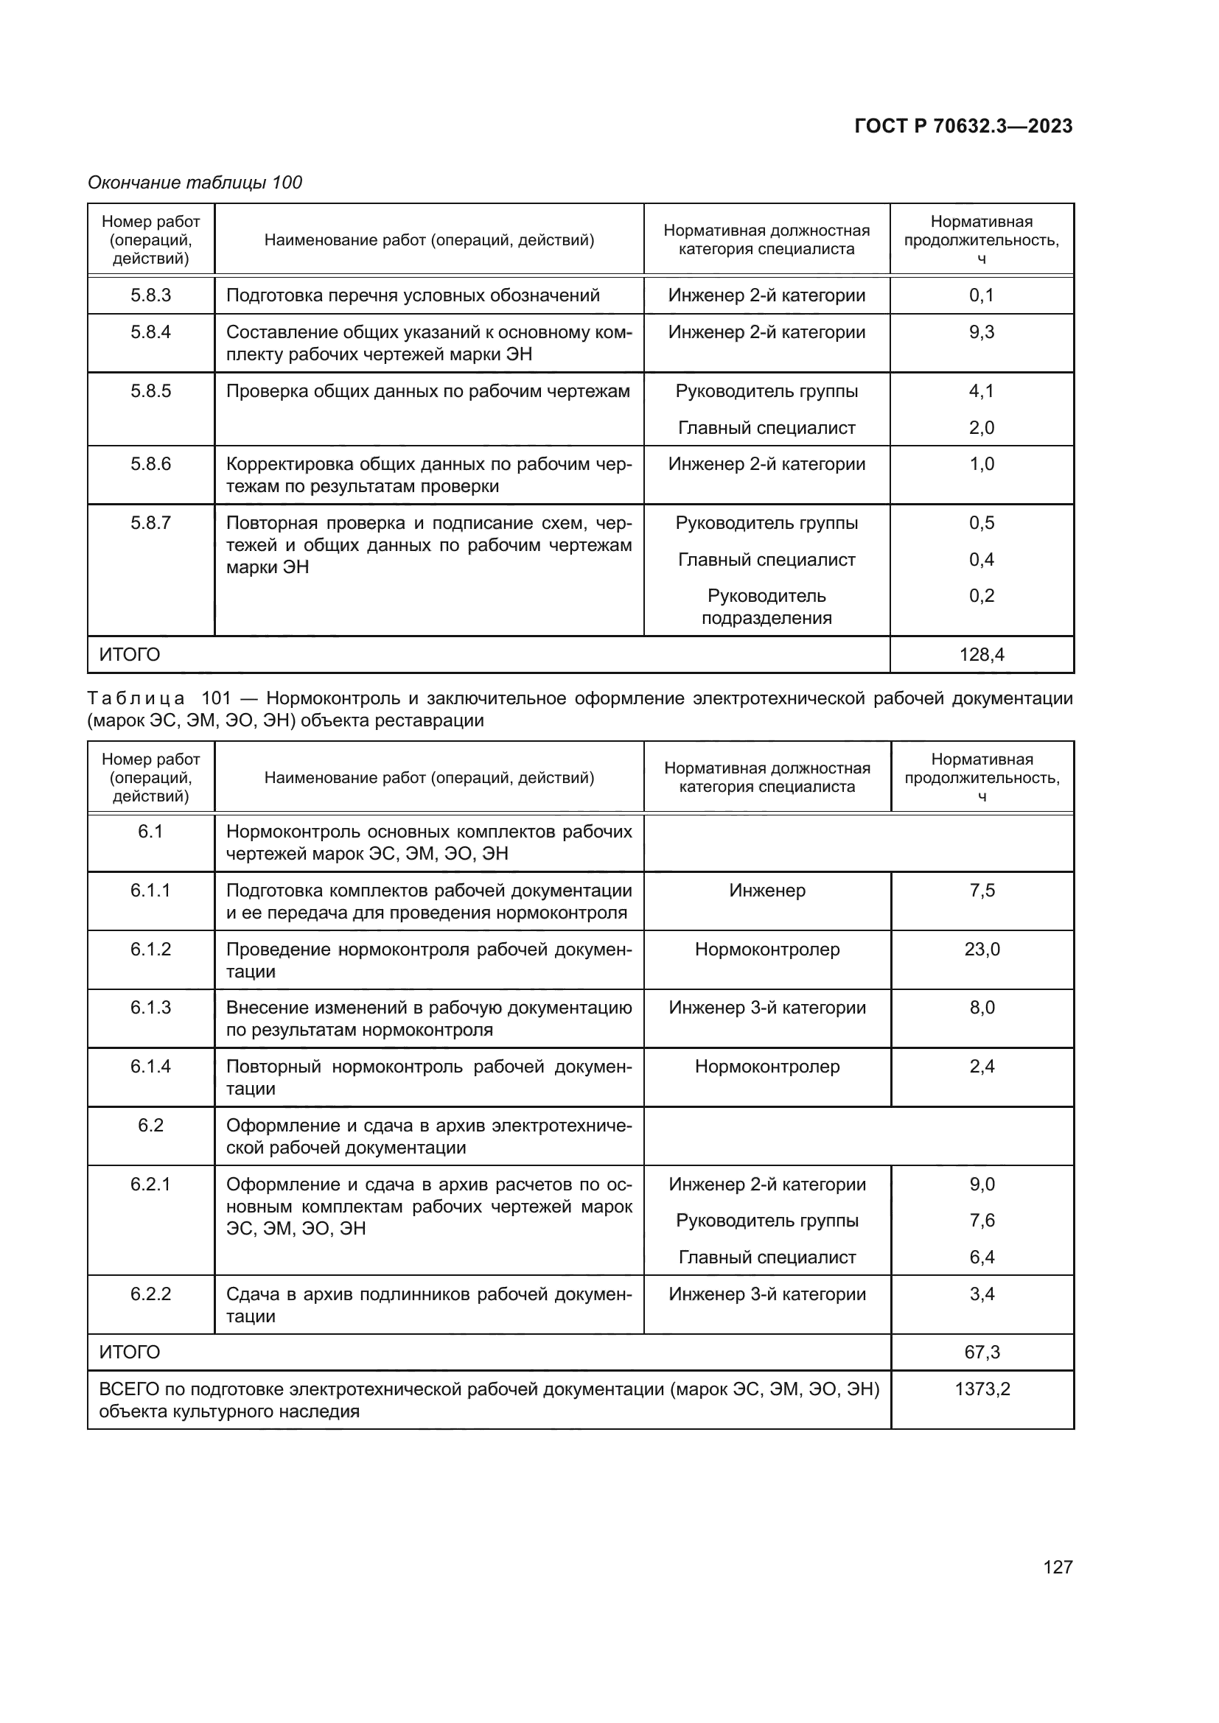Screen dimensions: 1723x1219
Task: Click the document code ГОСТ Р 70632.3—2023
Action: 963,126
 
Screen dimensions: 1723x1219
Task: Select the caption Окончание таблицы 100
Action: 195,183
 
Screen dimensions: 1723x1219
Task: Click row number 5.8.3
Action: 151,295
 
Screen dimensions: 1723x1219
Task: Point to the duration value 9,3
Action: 981,331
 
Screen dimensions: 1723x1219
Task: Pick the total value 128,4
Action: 981,654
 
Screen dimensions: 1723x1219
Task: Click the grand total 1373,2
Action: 982,1389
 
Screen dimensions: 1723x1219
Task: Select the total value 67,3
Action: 982,1352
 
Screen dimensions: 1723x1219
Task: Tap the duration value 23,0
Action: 982,950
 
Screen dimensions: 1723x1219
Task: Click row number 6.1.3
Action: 151,1007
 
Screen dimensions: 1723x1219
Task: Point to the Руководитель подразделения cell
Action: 766,606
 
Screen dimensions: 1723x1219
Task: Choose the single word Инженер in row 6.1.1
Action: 766,891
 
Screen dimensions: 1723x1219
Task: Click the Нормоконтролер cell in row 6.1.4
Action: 766,1067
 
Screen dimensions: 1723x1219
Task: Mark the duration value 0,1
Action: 981,295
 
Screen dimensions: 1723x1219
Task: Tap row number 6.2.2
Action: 151,1294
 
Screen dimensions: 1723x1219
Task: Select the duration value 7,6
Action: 982,1220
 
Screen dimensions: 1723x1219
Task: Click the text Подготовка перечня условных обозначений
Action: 413,295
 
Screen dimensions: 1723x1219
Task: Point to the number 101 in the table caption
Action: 216,698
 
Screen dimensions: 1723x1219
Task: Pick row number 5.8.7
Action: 151,522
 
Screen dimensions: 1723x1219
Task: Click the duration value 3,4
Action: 982,1294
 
